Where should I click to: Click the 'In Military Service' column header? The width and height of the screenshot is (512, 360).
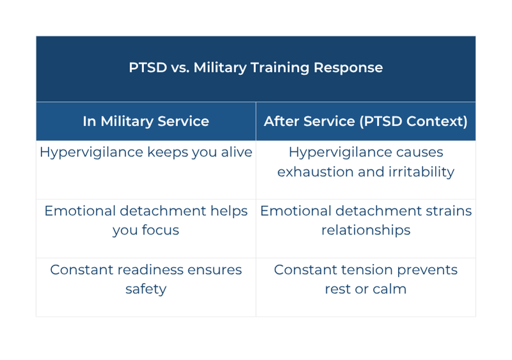[146, 121]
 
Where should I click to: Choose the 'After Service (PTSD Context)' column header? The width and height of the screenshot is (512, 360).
[365, 121]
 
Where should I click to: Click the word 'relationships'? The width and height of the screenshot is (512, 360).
[365, 231]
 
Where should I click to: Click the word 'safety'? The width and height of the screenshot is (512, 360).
[146, 289]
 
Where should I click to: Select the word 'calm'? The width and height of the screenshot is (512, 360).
[390, 289]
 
